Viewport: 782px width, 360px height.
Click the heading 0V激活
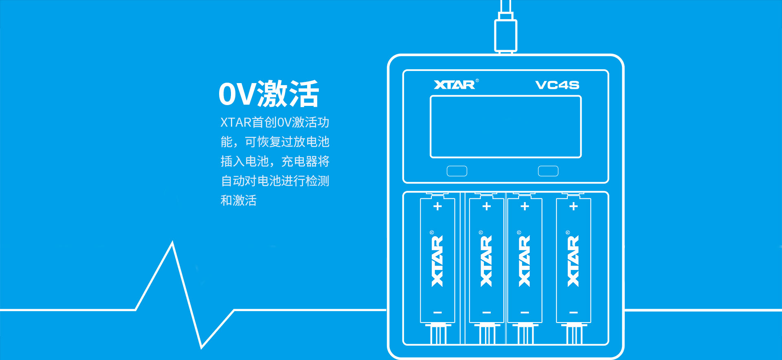click(x=269, y=94)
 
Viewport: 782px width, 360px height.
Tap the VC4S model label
click(x=557, y=85)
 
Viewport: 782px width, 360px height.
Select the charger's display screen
click(x=506, y=127)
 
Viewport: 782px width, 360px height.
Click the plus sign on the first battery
click(x=437, y=206)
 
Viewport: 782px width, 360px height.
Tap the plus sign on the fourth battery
click(x=573, y=206)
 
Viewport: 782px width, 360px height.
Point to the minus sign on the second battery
click(x=486, y=313)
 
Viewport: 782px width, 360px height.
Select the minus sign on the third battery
click(x=525, y=313)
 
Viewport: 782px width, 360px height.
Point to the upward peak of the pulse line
click(x=173, y=242)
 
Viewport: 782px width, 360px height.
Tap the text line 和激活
click(x=239, y=200)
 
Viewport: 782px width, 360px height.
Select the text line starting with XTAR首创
click(x=275, y=122)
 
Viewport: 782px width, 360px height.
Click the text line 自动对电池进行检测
click(x=275, y=181)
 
